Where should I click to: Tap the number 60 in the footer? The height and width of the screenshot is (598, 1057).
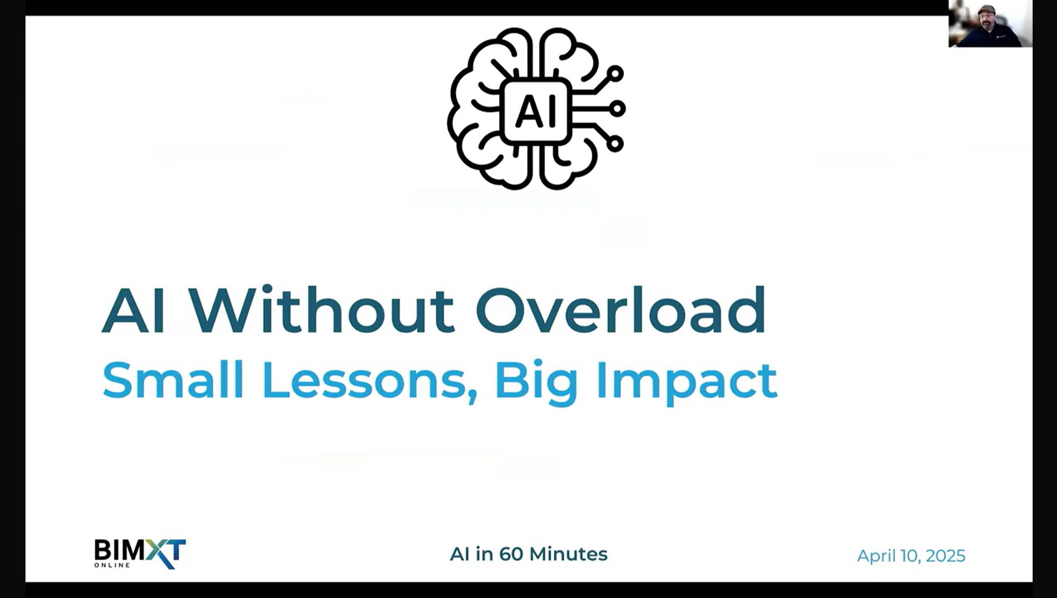pos(511,554)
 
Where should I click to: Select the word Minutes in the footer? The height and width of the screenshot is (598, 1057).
pos(568,554)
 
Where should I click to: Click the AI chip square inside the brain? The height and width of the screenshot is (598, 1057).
pos(535,110)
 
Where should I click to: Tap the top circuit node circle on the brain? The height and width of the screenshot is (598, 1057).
pos(614,74)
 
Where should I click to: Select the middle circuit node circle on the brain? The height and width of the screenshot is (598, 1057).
pos(617,109)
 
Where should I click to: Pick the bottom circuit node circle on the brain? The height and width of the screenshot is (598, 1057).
pos(614,143)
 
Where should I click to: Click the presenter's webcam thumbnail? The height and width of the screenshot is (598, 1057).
pos(990,24)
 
